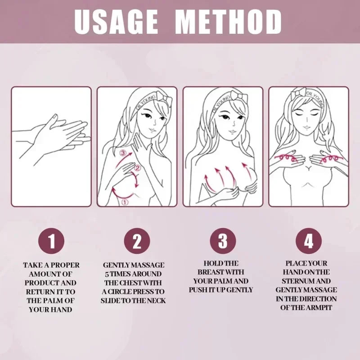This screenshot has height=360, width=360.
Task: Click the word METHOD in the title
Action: coord(229,21)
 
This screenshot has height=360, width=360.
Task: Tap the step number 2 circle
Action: coord(137,242)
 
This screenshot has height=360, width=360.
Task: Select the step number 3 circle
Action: coord(223,242)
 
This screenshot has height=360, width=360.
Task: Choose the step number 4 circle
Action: coord(308,242)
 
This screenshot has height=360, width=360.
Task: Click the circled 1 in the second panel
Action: coord(125,202)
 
